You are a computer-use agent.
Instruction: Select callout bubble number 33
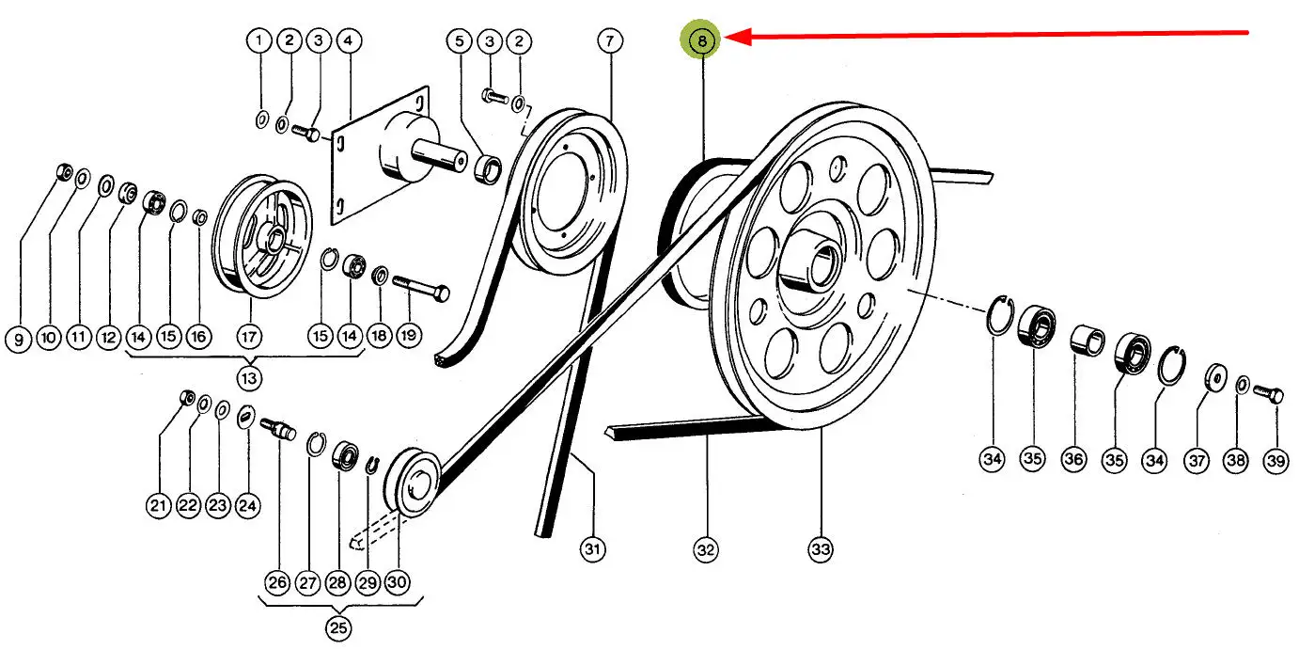821,549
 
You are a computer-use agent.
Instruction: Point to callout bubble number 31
592,549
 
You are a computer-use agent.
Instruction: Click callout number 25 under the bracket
338,627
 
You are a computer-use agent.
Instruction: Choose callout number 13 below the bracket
250,377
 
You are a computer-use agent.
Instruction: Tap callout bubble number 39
1275,460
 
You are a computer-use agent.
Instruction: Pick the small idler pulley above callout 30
414,481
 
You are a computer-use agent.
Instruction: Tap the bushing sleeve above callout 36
1088,340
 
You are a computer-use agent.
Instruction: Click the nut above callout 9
64,172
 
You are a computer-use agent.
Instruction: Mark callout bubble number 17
248,336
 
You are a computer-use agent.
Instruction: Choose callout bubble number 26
277,582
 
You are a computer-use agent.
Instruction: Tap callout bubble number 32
706,549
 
